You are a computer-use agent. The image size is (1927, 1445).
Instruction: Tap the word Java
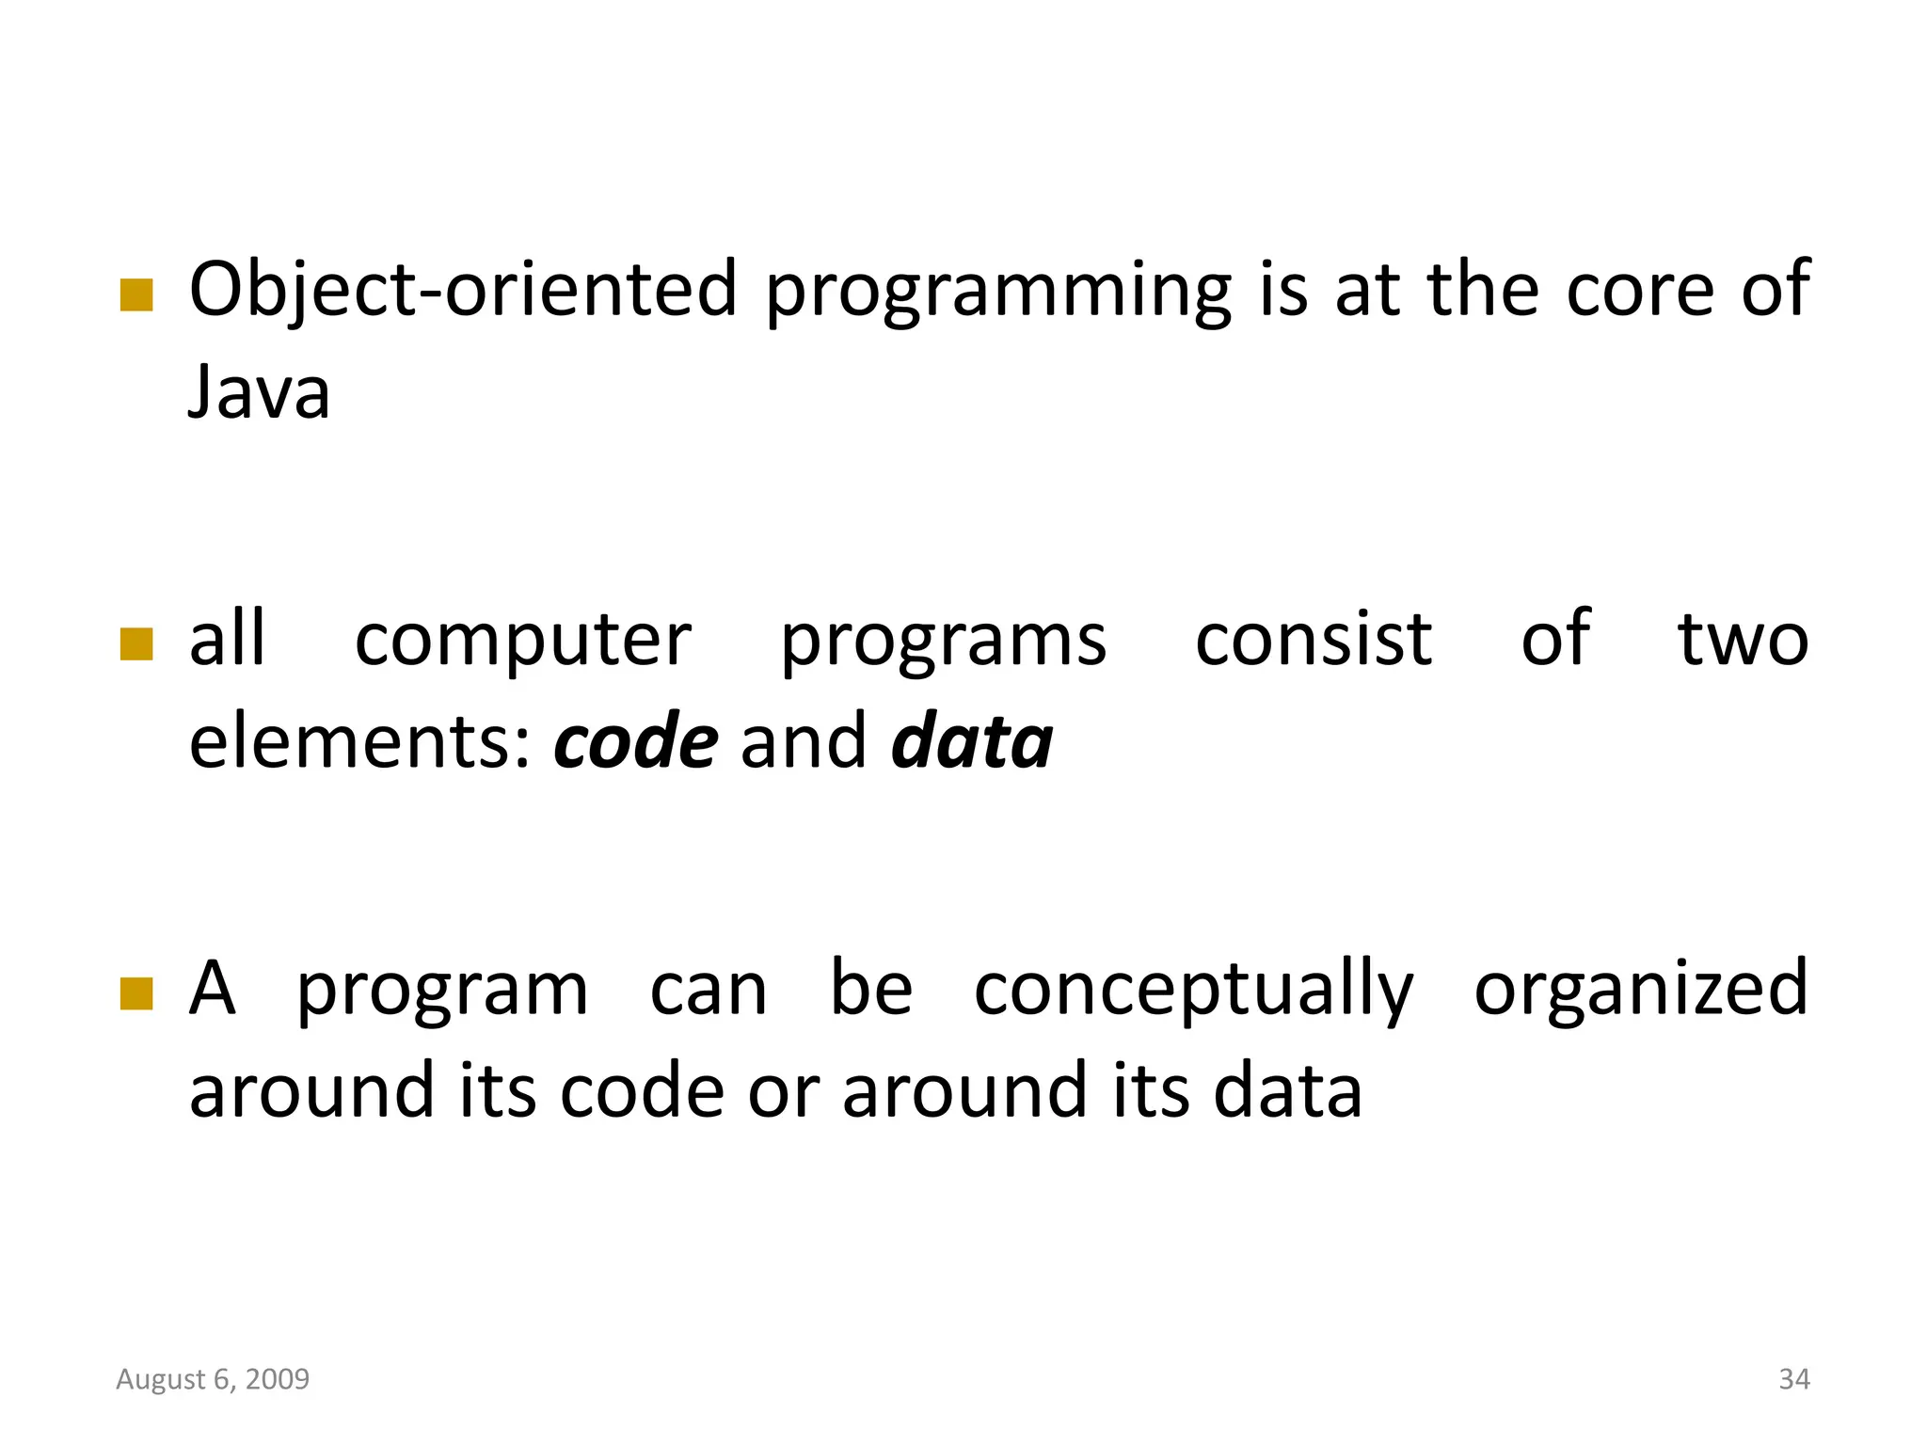tap(259, 392)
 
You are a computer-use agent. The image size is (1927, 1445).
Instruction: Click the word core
tap(1641, 290)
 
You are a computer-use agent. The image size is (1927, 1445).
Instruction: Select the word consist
tap(1314, 640)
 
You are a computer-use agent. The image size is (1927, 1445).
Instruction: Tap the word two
tap(1743, 640)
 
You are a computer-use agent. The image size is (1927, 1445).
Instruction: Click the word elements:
tap(361, 741)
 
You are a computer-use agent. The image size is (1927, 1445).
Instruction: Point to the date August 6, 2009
tap(213, 1379)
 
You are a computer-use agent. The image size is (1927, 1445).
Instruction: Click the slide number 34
tap(1794, 1379)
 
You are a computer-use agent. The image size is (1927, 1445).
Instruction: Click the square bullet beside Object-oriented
tap(136, 294)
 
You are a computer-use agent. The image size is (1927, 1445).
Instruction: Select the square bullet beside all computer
tap(136, 645)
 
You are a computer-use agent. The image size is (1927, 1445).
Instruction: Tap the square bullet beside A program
tap(136, 993)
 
